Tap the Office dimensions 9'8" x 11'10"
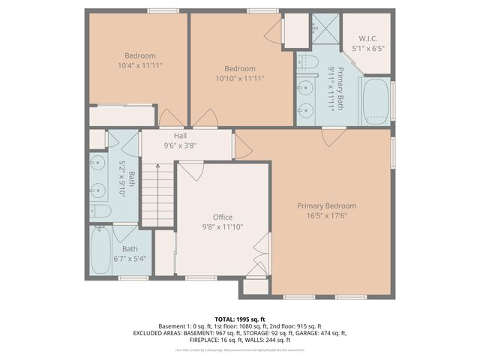222,226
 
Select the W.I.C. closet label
367,39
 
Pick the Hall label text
180,136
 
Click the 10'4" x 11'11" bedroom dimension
139,66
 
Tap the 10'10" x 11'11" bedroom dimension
240,78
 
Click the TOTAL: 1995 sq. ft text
240,319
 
